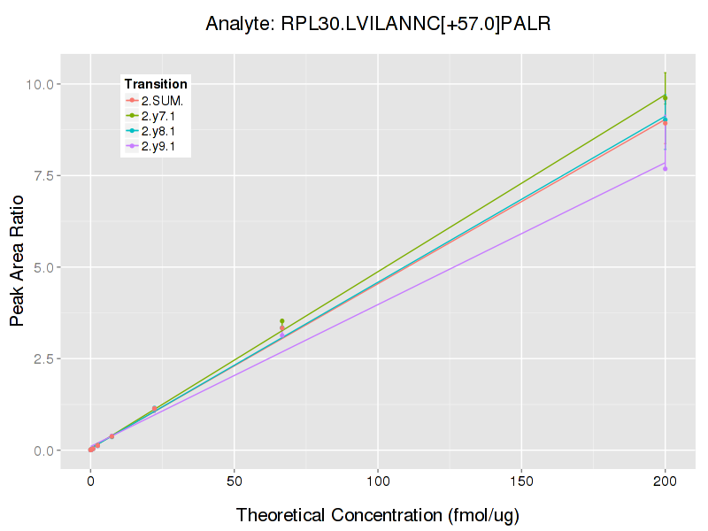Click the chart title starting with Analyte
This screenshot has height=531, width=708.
[x=378, y=24]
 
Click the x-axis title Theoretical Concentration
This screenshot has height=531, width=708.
[x=378, y=514]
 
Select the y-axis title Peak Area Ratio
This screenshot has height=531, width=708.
[x=17, y=267]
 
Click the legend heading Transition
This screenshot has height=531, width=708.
[x=156, y=84]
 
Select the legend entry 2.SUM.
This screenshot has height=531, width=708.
[x=162, y=100]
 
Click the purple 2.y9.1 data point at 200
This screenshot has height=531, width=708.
[x=665, y=168]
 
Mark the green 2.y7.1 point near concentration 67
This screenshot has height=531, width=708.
[x=282, y=321]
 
